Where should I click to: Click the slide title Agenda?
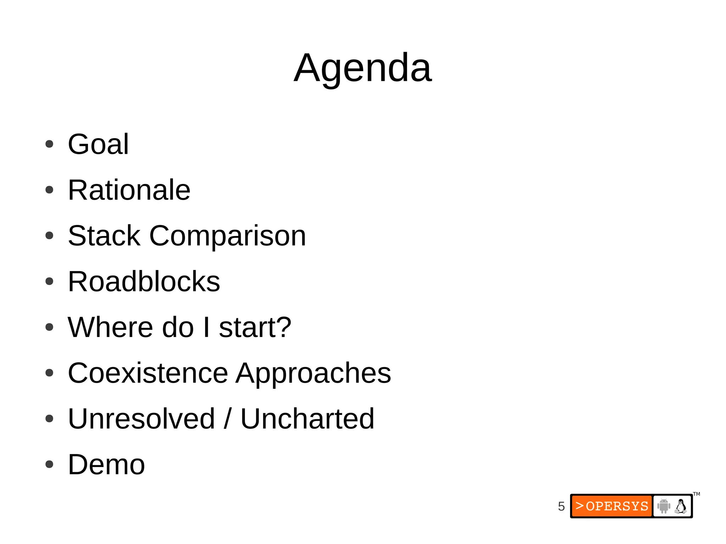point(363,68)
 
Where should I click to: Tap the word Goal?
point(98,144)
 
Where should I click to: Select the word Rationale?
point(129,190)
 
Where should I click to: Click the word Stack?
point(104,236)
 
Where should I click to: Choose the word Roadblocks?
point(144,281)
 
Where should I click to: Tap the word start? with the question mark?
point(255,327)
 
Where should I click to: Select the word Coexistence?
point(148,373)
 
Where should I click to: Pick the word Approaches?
point(313,374)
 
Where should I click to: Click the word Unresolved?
point(141,419)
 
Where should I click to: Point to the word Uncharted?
point(307,419)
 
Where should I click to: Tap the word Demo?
point(106,464)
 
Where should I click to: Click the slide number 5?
point(561,506)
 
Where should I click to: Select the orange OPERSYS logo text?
point(612,506)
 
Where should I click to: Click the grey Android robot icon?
point(663,506)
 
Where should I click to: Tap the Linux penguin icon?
point(680,506)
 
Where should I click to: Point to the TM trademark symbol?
point(697,494)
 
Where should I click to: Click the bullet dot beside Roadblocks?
point(49,281)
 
